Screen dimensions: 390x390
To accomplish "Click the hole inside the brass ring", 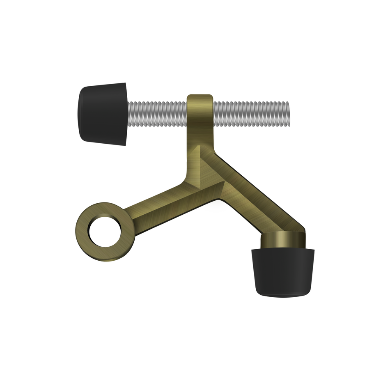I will [106, 232].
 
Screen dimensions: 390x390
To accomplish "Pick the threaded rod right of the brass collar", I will [250, 114].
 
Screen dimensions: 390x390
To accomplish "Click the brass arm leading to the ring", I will [164, 205].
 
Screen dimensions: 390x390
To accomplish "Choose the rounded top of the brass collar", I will [200, 97].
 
